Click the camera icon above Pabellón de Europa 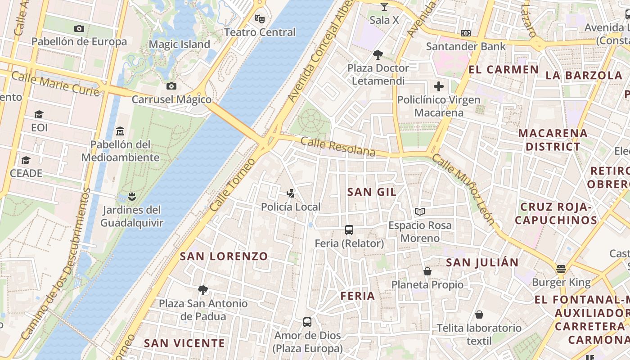(x=79, y=29)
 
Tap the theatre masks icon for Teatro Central (x=259, y=19)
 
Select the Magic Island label (x=179, y=45)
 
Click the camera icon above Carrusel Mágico (x=171, y=86)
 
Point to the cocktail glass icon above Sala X (x=384, y=7)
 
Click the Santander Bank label (x=466, y=46)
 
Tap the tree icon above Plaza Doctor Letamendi (x=378, y=55)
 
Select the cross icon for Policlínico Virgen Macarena (x=439, y=86)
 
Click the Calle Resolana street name (x=337, y=147)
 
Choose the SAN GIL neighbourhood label (x=372, y=192)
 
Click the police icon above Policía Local (x=291, y=194)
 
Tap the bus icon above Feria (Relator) (x=349, y=230)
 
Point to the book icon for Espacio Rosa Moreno (x=420, y=211)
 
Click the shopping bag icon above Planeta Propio (x=427, y=271)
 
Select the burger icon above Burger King (x=561, y=269)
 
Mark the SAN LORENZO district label (x=224, y=256)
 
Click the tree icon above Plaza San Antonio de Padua (x=203, y=290)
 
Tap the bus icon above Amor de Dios (x=307, y=322)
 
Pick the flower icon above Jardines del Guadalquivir (x=131, y=197)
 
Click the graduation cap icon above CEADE (x=26, y=160)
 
